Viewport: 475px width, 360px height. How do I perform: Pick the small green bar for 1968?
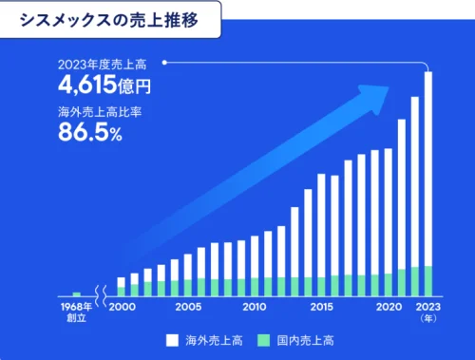[76, 294]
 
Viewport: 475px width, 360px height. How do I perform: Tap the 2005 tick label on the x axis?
[188, 308]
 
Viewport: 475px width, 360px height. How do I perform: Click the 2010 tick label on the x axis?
[255, 308]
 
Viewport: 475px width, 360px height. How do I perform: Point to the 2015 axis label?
[321, 308]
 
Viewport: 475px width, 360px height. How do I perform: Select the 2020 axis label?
[388, 308]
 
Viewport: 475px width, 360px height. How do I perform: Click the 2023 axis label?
[427, 308]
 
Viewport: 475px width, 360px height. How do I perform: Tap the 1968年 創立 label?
[76, 313]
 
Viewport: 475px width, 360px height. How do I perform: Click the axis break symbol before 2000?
[99, 308]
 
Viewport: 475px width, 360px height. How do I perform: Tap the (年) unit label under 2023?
[428, 319]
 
